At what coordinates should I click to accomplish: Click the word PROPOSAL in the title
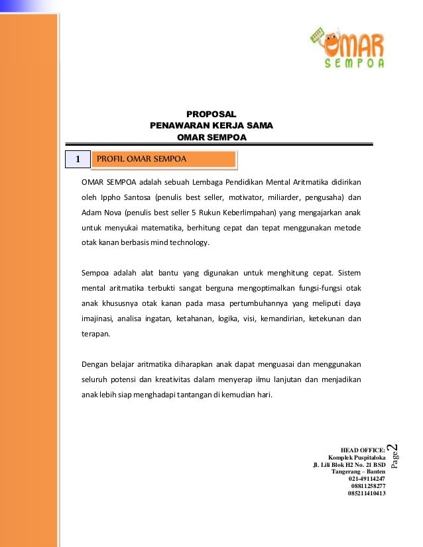211,114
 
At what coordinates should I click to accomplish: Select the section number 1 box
77,160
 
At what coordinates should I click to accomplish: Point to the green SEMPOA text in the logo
355,64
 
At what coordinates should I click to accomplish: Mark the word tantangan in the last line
189,396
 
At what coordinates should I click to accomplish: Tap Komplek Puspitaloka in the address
357,457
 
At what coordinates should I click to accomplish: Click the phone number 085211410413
367,493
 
